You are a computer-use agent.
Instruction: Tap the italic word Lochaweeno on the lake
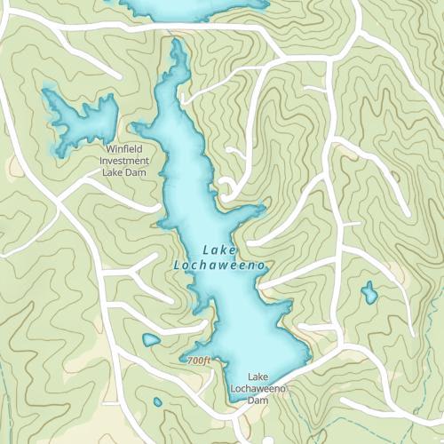(218, 265)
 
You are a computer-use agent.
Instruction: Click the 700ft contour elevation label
(199, 361)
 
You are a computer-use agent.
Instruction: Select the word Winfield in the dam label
(123, 149)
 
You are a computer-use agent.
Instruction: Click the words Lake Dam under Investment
(123, 172)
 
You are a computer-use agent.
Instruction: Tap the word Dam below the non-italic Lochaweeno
(258, 400)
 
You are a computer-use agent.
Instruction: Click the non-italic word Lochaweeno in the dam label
(258, 389)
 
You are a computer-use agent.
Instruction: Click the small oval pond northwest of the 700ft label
(152, 339)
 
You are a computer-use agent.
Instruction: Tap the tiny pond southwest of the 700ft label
(158, 402)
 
